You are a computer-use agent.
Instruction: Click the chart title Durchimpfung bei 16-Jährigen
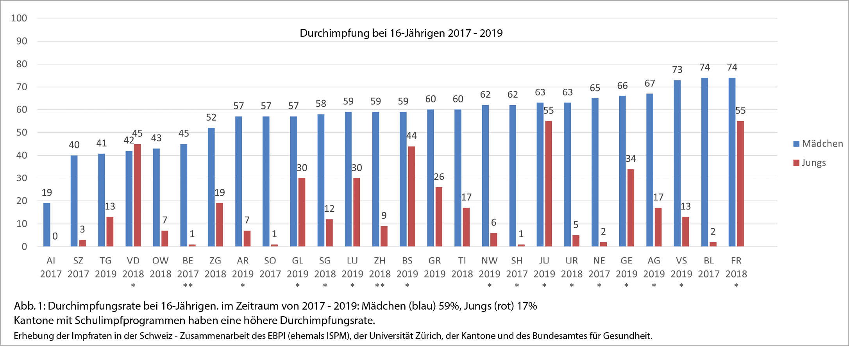coord(401,33)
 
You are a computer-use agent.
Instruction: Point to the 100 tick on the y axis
coord(19,18)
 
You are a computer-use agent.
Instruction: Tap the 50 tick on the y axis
coord(21,133)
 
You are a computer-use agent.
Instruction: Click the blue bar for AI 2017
coord(47,225)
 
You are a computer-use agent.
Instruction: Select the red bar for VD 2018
coord(138,195)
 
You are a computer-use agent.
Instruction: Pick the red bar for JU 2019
coord(549,184)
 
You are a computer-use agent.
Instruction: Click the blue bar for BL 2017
coord(704,162)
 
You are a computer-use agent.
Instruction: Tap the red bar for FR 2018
coord(740,184)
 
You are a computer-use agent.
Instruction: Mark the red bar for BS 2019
coord(411,196)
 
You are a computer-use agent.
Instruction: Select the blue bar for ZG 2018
coord(211,187)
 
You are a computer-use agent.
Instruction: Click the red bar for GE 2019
coord(631,208)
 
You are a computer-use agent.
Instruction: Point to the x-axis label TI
coord(462,261)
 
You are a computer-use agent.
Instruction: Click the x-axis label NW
coord(489,261)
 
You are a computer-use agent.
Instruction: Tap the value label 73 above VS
coord(677,70)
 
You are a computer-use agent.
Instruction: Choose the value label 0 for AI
coord(55,236)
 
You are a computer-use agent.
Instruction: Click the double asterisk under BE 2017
coord(188,285)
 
